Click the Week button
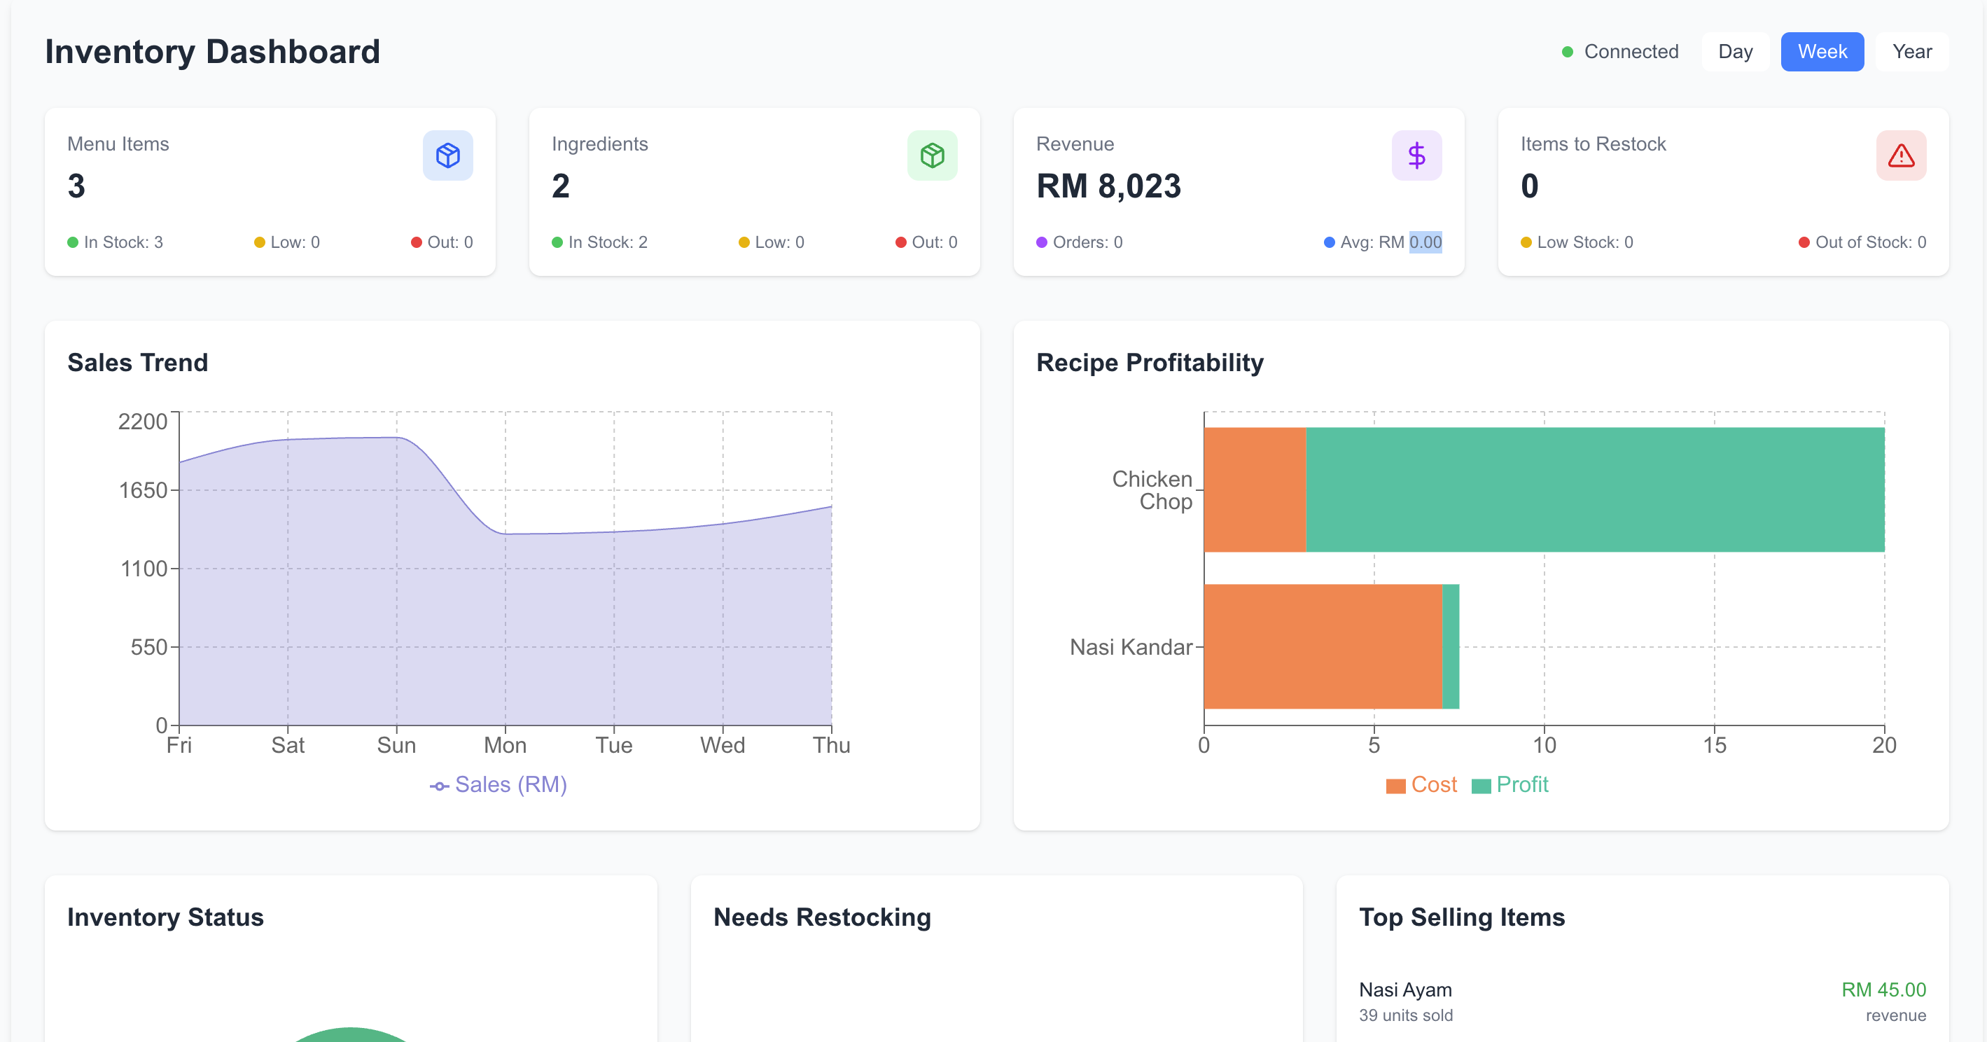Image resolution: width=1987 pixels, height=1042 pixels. click(x=1822, y=52)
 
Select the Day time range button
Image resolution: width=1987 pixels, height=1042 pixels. click(x=1735, y=52)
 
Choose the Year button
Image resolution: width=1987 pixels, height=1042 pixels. click(x=1911, y=52)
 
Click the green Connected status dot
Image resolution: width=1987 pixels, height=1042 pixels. click(x=1568, y=52)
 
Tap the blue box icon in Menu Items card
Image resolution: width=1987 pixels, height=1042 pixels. click(x=447, y=155)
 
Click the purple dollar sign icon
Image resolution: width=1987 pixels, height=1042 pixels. click(x=1416, y=155)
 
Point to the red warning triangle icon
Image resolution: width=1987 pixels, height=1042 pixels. click(x=1901, y=155)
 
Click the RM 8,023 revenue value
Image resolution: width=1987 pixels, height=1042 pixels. click(x=1108, y=186)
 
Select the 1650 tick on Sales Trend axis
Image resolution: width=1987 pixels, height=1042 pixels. click(x=143, y=490)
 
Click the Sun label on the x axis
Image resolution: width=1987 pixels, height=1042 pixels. click(x=396, y=745)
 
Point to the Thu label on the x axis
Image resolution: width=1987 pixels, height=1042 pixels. click(x=831, y=745)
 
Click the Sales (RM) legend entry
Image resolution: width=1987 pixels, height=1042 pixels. click(x=499, y=784)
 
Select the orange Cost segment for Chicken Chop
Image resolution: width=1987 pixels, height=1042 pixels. click(x=1254, y=489)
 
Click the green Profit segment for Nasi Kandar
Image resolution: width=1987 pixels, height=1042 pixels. click(x=1450, y=646)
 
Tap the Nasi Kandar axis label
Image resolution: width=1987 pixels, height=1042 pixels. click(x=1130, y=647)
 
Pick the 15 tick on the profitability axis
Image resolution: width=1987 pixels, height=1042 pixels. click(x=1714, y=745)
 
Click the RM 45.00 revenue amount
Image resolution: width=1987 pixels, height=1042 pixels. click(x=1883, y=989)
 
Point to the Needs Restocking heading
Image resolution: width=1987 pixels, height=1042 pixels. click(x=821, y=917)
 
